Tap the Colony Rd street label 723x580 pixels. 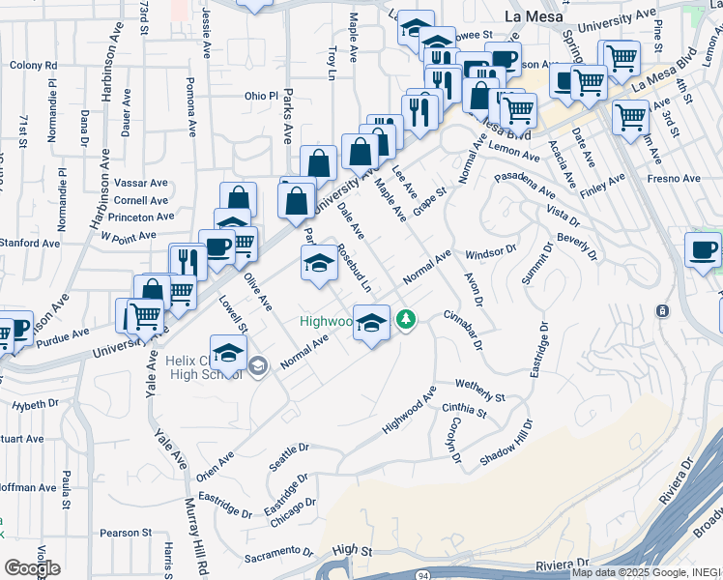(x=34, y=66)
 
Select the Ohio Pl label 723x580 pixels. (x=261, y=97)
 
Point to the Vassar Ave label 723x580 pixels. (x=141, y=183)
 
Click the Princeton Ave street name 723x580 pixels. (x=141, y=217)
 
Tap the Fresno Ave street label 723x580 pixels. (x=675, y=179)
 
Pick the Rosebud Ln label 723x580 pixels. (x=354, y=268)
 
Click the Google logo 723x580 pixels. (x=32, y=568)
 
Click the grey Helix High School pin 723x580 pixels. (x=258, y=365)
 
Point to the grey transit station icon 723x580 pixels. (x=662, y=311)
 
